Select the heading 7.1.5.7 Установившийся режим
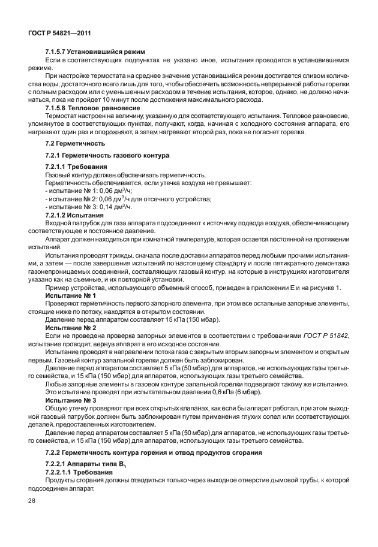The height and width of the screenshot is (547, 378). pos(95,53)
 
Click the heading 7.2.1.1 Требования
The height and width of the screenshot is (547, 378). pos(76,166)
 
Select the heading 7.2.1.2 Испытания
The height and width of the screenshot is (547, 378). pos(75,214)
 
